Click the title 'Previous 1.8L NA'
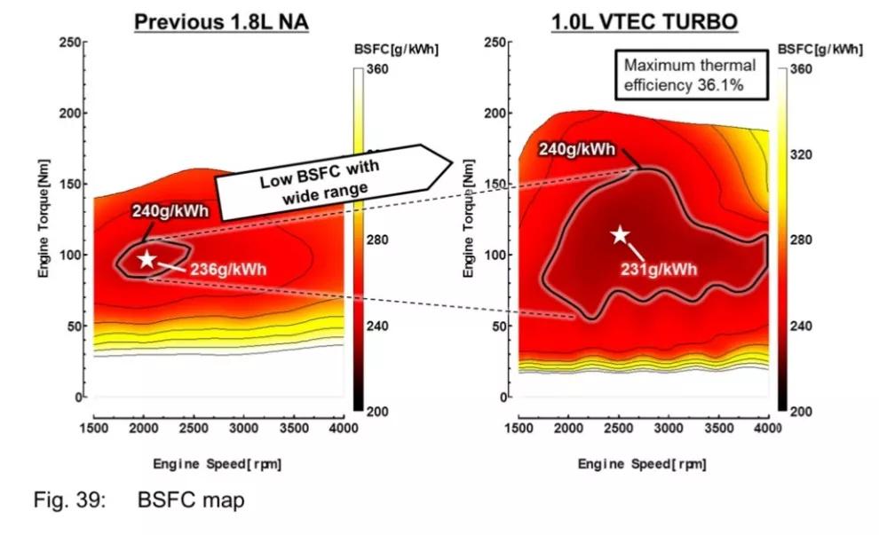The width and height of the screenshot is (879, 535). point(221,21)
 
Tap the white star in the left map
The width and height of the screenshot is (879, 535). point(146,259)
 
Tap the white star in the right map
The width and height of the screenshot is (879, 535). point(620,234)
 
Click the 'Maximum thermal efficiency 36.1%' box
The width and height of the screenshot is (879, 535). point(689,74)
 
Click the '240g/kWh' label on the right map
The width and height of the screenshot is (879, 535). point(577,149)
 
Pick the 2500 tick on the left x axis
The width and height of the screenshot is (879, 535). point(194,429)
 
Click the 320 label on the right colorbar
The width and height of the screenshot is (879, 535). point(803,154)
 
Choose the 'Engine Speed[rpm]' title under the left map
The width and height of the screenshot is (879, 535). point(218,463)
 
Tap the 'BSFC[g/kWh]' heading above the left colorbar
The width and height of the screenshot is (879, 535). point(396,49)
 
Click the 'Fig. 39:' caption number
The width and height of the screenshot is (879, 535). point(69,500)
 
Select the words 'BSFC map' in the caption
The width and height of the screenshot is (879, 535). point(190,500)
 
